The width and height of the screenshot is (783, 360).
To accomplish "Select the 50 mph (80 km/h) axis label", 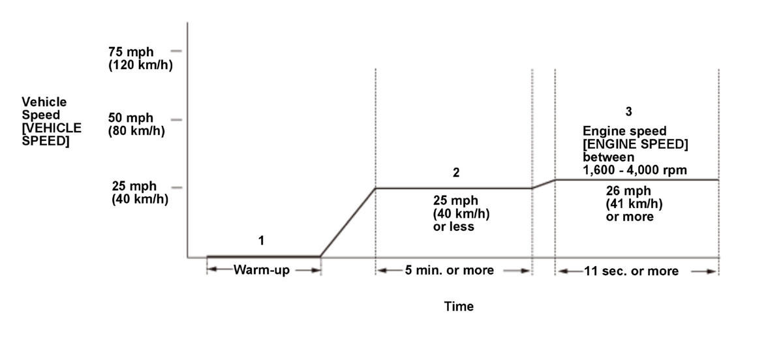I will click(136, 124).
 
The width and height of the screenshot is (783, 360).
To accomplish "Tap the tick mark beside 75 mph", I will click(176, 50).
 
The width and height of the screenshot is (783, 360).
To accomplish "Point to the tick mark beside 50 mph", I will click(176, 119).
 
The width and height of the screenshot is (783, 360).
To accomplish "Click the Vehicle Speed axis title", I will click(52, 121).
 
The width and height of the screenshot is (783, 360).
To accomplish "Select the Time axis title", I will click(459, 306).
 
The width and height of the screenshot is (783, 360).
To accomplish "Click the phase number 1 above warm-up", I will click(261, 241).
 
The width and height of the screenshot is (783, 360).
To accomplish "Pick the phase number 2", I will click(456, 173).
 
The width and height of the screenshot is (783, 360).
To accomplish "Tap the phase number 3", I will click(628, 112).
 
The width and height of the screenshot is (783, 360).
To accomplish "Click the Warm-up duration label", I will click(262, 270).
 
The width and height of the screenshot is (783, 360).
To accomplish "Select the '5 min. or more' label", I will click(450, 270).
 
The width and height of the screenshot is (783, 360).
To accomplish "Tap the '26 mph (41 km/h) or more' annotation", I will click(630, 204).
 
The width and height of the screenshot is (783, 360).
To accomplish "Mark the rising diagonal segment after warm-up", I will click(348, 222).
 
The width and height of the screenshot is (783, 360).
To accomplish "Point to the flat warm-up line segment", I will click(263, 256).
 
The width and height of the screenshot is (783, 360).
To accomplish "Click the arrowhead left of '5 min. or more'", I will click(380, 270).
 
